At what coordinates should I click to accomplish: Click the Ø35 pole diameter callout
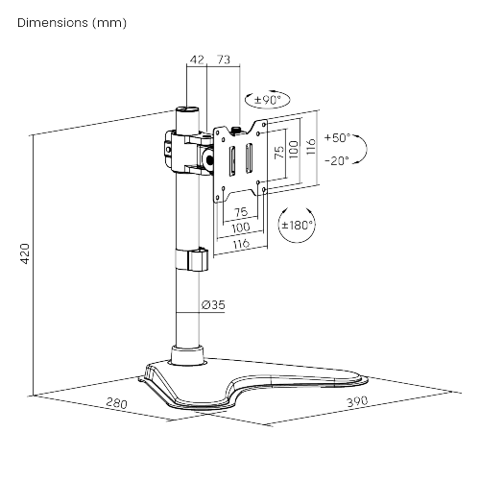click(x=213, y=305)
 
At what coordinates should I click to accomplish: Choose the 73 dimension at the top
click(x=223, y=60)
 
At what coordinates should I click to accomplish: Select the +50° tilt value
click(x=338, y=137)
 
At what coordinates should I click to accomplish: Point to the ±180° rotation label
click(x=297, y=227)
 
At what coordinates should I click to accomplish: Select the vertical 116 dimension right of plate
click(x=310, y=147)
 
